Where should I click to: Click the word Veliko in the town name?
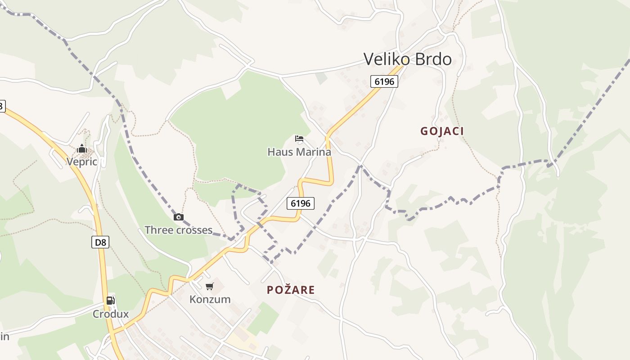click(x=387, y=59)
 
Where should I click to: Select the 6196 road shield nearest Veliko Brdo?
click(x=384, y=81)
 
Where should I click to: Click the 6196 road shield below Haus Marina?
click(x=300, y=203)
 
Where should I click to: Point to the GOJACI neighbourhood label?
click(x=442, y=131)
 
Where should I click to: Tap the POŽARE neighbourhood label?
click(x=291, y=290)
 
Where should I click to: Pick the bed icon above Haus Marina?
click(x=299, y=139)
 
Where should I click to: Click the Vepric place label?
click(x=82, y=162)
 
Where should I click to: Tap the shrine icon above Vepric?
click(x=81, y=148)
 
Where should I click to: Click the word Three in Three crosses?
click(x=158, y=230)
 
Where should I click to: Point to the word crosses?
click(x=194, y=230)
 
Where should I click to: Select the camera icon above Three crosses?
click(x=179, y=217)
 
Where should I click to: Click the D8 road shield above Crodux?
click(x=101, y=242)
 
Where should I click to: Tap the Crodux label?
click(x=111, y=314)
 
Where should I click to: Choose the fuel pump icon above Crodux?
click(x=111, y=301)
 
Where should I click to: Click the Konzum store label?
click(x=210, y=299)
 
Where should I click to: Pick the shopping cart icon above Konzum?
click(x=210, y=286)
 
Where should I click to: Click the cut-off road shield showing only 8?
click(x=2, y=106)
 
